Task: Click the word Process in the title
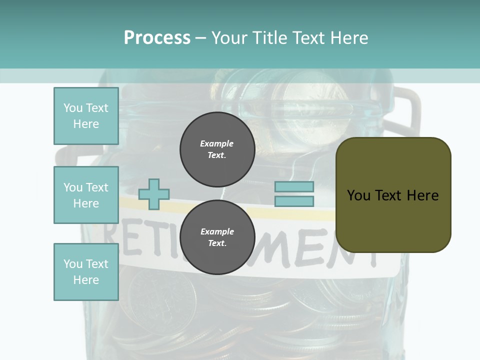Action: (157, 38)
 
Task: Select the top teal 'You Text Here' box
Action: (86, 116)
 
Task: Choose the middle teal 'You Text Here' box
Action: (86, 195)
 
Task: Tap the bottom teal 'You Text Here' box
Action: (86, 272)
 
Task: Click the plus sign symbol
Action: (154, 194)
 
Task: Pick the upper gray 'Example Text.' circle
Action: (217, 149)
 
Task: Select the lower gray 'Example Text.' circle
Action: (217, 237)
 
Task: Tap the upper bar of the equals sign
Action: (294, 187)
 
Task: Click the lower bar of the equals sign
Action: (294, 201)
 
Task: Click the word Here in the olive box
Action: (422, 195)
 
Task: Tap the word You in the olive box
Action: (359, 195)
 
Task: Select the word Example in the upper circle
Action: (217, 143)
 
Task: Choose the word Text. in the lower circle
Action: (217, 243)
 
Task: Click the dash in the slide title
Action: (201, 38)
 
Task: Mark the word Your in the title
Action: (230, 38)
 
